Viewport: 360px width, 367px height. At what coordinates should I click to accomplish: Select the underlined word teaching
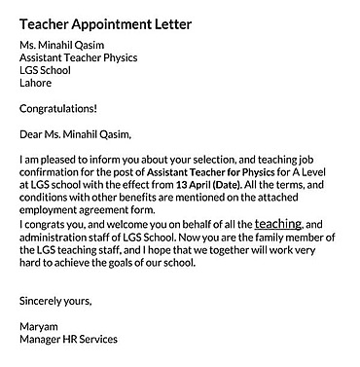click(x=278, y=223)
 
